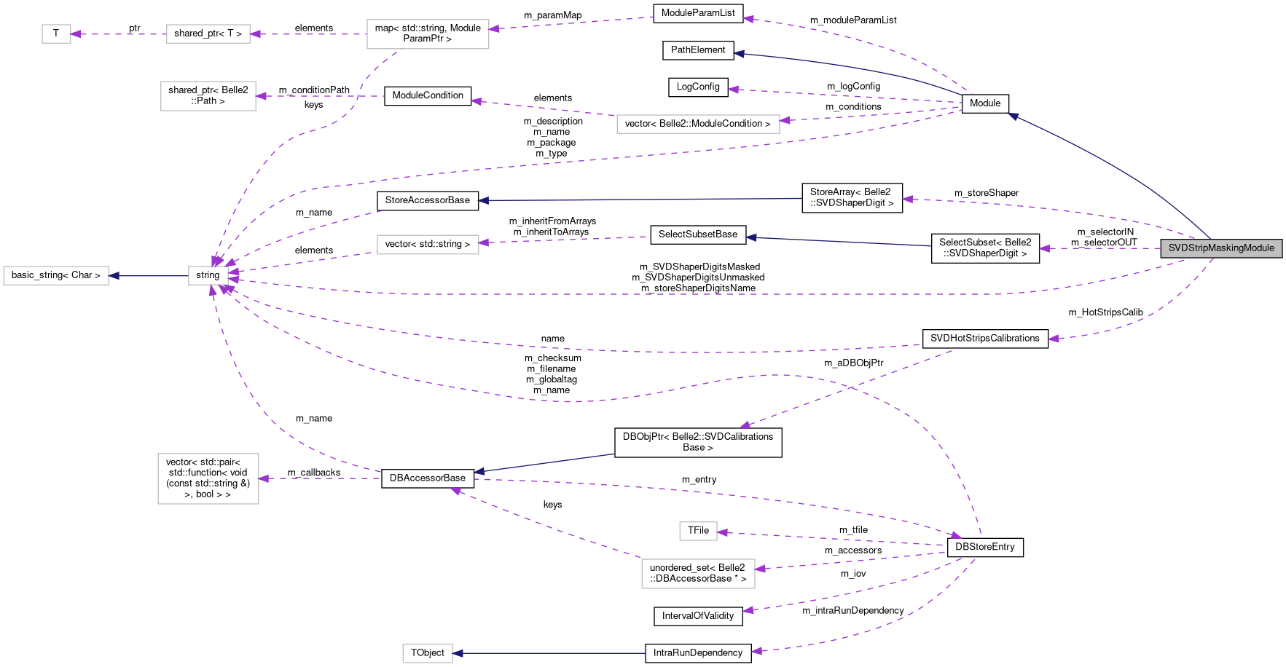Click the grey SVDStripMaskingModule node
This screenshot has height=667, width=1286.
(1221, 248)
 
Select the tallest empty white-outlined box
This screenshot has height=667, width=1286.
(208, 478)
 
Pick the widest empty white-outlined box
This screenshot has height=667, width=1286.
(698, 124)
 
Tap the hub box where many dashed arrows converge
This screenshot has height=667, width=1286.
(208, 275)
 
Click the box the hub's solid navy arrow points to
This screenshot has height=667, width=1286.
(56, 275)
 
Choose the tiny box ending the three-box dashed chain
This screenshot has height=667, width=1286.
(56, 33)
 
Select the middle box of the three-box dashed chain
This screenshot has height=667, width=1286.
(208, 33)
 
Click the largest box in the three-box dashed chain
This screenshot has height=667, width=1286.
(428, 34)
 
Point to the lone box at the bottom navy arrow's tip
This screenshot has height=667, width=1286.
(428, 653)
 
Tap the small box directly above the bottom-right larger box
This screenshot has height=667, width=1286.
(698, 532)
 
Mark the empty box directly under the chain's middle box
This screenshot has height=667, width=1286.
(208, 96)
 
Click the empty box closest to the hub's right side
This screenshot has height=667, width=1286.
(428, 245)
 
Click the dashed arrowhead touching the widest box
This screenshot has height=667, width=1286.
(785, 120)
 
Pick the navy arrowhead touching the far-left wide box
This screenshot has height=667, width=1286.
(114, 276)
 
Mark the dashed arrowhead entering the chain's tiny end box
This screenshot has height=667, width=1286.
(75, 33)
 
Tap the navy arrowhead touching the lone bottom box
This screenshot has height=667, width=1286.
(458, 653)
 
